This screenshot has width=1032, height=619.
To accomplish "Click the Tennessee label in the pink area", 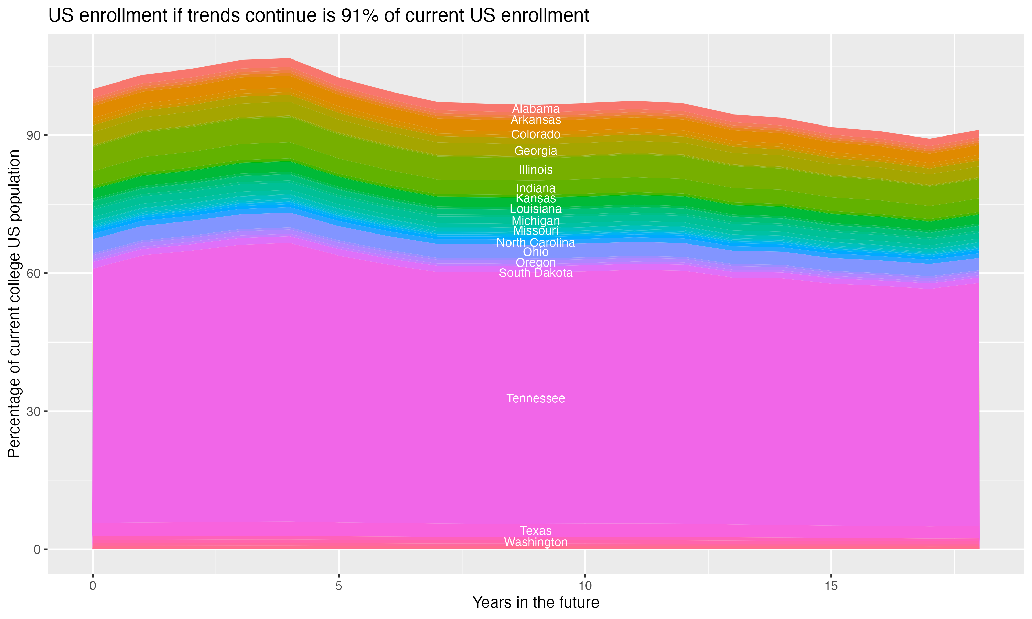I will coord(536,398).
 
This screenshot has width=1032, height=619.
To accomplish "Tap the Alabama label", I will coord(536,109).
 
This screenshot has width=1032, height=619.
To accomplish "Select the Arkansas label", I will coord(536,120).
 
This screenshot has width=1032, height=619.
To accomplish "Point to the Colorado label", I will coord(536,134).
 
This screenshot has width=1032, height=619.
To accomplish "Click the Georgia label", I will coord(536,151).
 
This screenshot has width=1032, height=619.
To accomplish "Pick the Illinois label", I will coord(536,170).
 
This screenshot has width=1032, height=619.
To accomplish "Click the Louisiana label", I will coord(536,209).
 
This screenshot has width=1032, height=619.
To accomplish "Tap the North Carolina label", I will coord(536,242).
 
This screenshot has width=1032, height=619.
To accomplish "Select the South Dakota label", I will coord(536,273).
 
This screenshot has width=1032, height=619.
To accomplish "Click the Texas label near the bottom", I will coord(536,531).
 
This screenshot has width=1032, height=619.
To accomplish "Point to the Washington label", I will coord(536,542).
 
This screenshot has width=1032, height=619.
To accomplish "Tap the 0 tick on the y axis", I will coord(37,549).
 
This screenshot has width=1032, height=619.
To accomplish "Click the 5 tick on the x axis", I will coord(339,586).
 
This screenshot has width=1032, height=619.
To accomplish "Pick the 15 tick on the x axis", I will coord(831,586).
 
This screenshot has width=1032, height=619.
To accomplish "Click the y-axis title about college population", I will coord(14,304).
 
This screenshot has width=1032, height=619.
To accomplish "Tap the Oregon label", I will coord(536,263).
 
